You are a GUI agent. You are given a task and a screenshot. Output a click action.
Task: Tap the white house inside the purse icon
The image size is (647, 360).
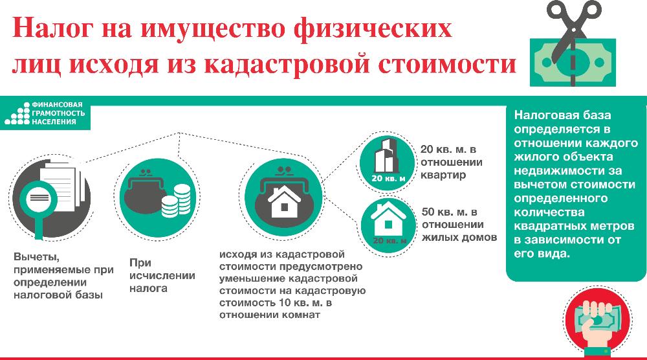(284, 201)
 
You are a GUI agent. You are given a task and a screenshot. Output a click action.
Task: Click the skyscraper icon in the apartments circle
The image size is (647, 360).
(387, 155)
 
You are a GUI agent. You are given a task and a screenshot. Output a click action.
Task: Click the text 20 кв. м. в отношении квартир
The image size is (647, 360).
(452, 162)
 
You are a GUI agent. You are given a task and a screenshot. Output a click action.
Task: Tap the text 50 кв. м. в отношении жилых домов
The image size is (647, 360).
(459, 225)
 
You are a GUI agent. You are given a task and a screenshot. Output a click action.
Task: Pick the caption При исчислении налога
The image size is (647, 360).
(162, 275)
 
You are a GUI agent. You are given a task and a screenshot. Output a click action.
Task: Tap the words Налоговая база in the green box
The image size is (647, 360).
(562, 115)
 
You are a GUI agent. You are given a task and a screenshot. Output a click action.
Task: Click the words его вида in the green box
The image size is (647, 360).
(542, 253)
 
